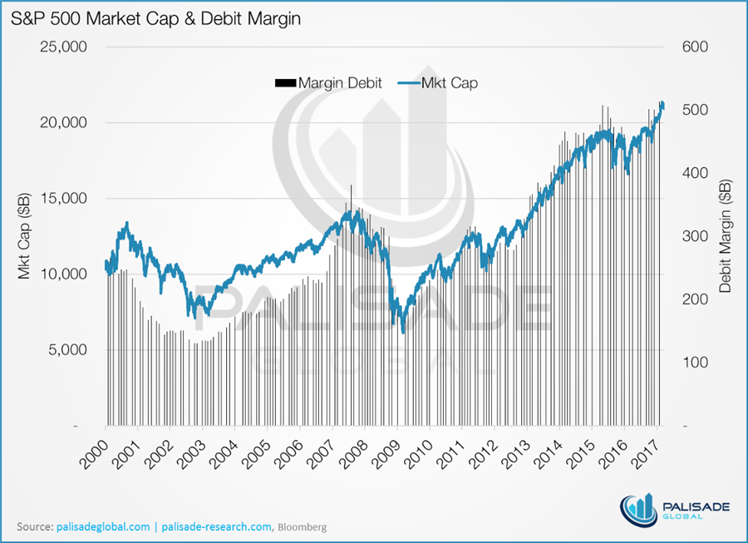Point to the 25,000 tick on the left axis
(x=65, y=47)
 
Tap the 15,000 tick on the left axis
(x=65, y=198)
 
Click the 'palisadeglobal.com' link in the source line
(x=104, y=527)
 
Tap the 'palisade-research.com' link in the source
(x=215, y=527)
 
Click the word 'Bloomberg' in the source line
(x=302, y=527)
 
